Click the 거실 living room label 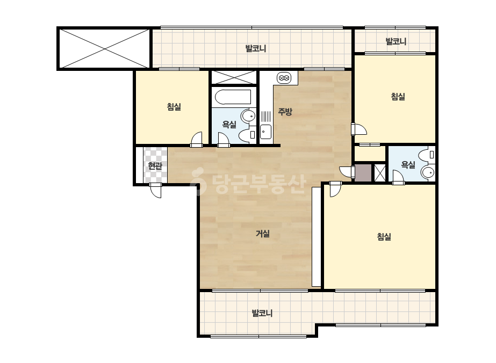point(263,234)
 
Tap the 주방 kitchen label point(285,111)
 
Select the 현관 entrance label point(155,165)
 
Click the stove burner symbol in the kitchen point(284,78)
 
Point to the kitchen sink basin point(265,132)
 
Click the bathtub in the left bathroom point(233,97)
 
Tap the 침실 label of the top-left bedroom point(174,107)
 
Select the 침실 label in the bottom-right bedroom point(384,236)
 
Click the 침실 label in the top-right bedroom point(398,97)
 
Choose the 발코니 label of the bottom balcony point(262,313)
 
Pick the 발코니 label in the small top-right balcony point(396,41)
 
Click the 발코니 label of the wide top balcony point(256,48)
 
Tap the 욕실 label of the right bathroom point(408,164)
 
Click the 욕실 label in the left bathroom point(229,124)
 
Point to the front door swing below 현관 point(155,190)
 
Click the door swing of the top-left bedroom point(197,140)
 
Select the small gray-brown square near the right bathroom point(363,173)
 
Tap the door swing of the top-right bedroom point(359,129)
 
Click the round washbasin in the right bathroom point(428,173)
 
